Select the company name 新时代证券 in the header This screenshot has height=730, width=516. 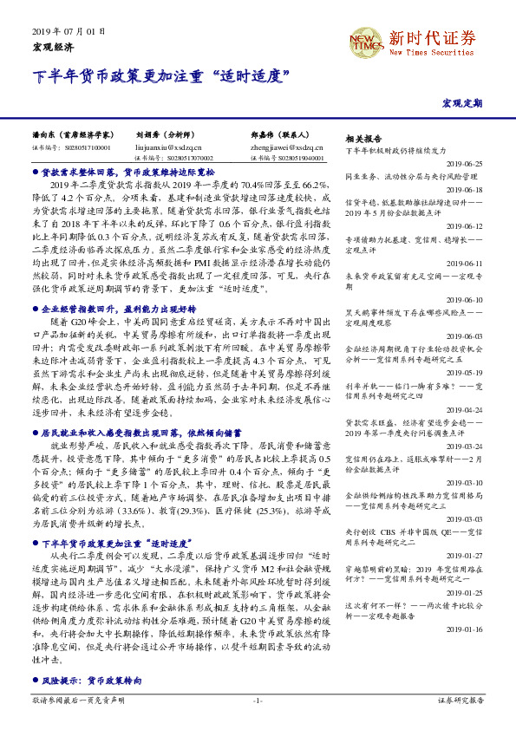(x=432, y=37)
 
